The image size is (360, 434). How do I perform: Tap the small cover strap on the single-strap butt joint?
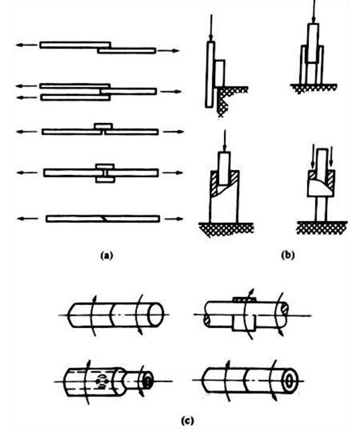click(x=104, y=126)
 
